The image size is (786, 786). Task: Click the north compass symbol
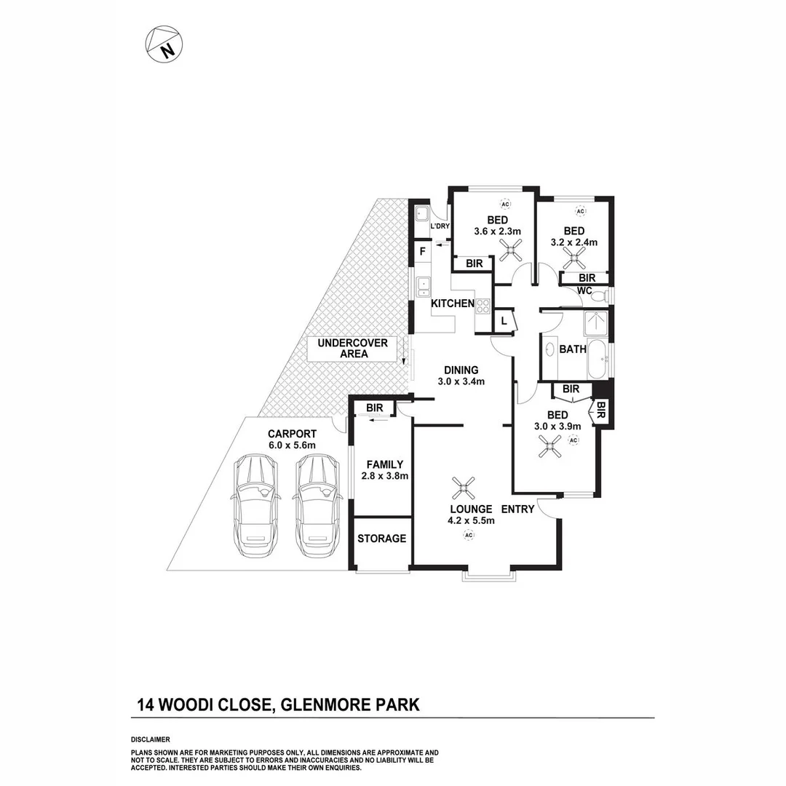164,44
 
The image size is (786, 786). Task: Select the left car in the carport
253,504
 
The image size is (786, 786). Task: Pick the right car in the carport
316,504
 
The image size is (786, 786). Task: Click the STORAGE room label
381,539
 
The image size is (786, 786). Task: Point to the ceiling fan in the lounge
463,486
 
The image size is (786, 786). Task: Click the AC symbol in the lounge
469,536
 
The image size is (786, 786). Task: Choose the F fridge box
421,252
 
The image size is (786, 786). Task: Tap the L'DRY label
440,226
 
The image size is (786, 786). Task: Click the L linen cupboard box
504,320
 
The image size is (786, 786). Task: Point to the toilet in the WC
598,296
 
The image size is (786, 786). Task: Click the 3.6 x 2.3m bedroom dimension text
498,231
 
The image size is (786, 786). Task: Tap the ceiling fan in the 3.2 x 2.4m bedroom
577,256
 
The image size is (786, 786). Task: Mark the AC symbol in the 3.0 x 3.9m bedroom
573,440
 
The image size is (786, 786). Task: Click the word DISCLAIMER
150,739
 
